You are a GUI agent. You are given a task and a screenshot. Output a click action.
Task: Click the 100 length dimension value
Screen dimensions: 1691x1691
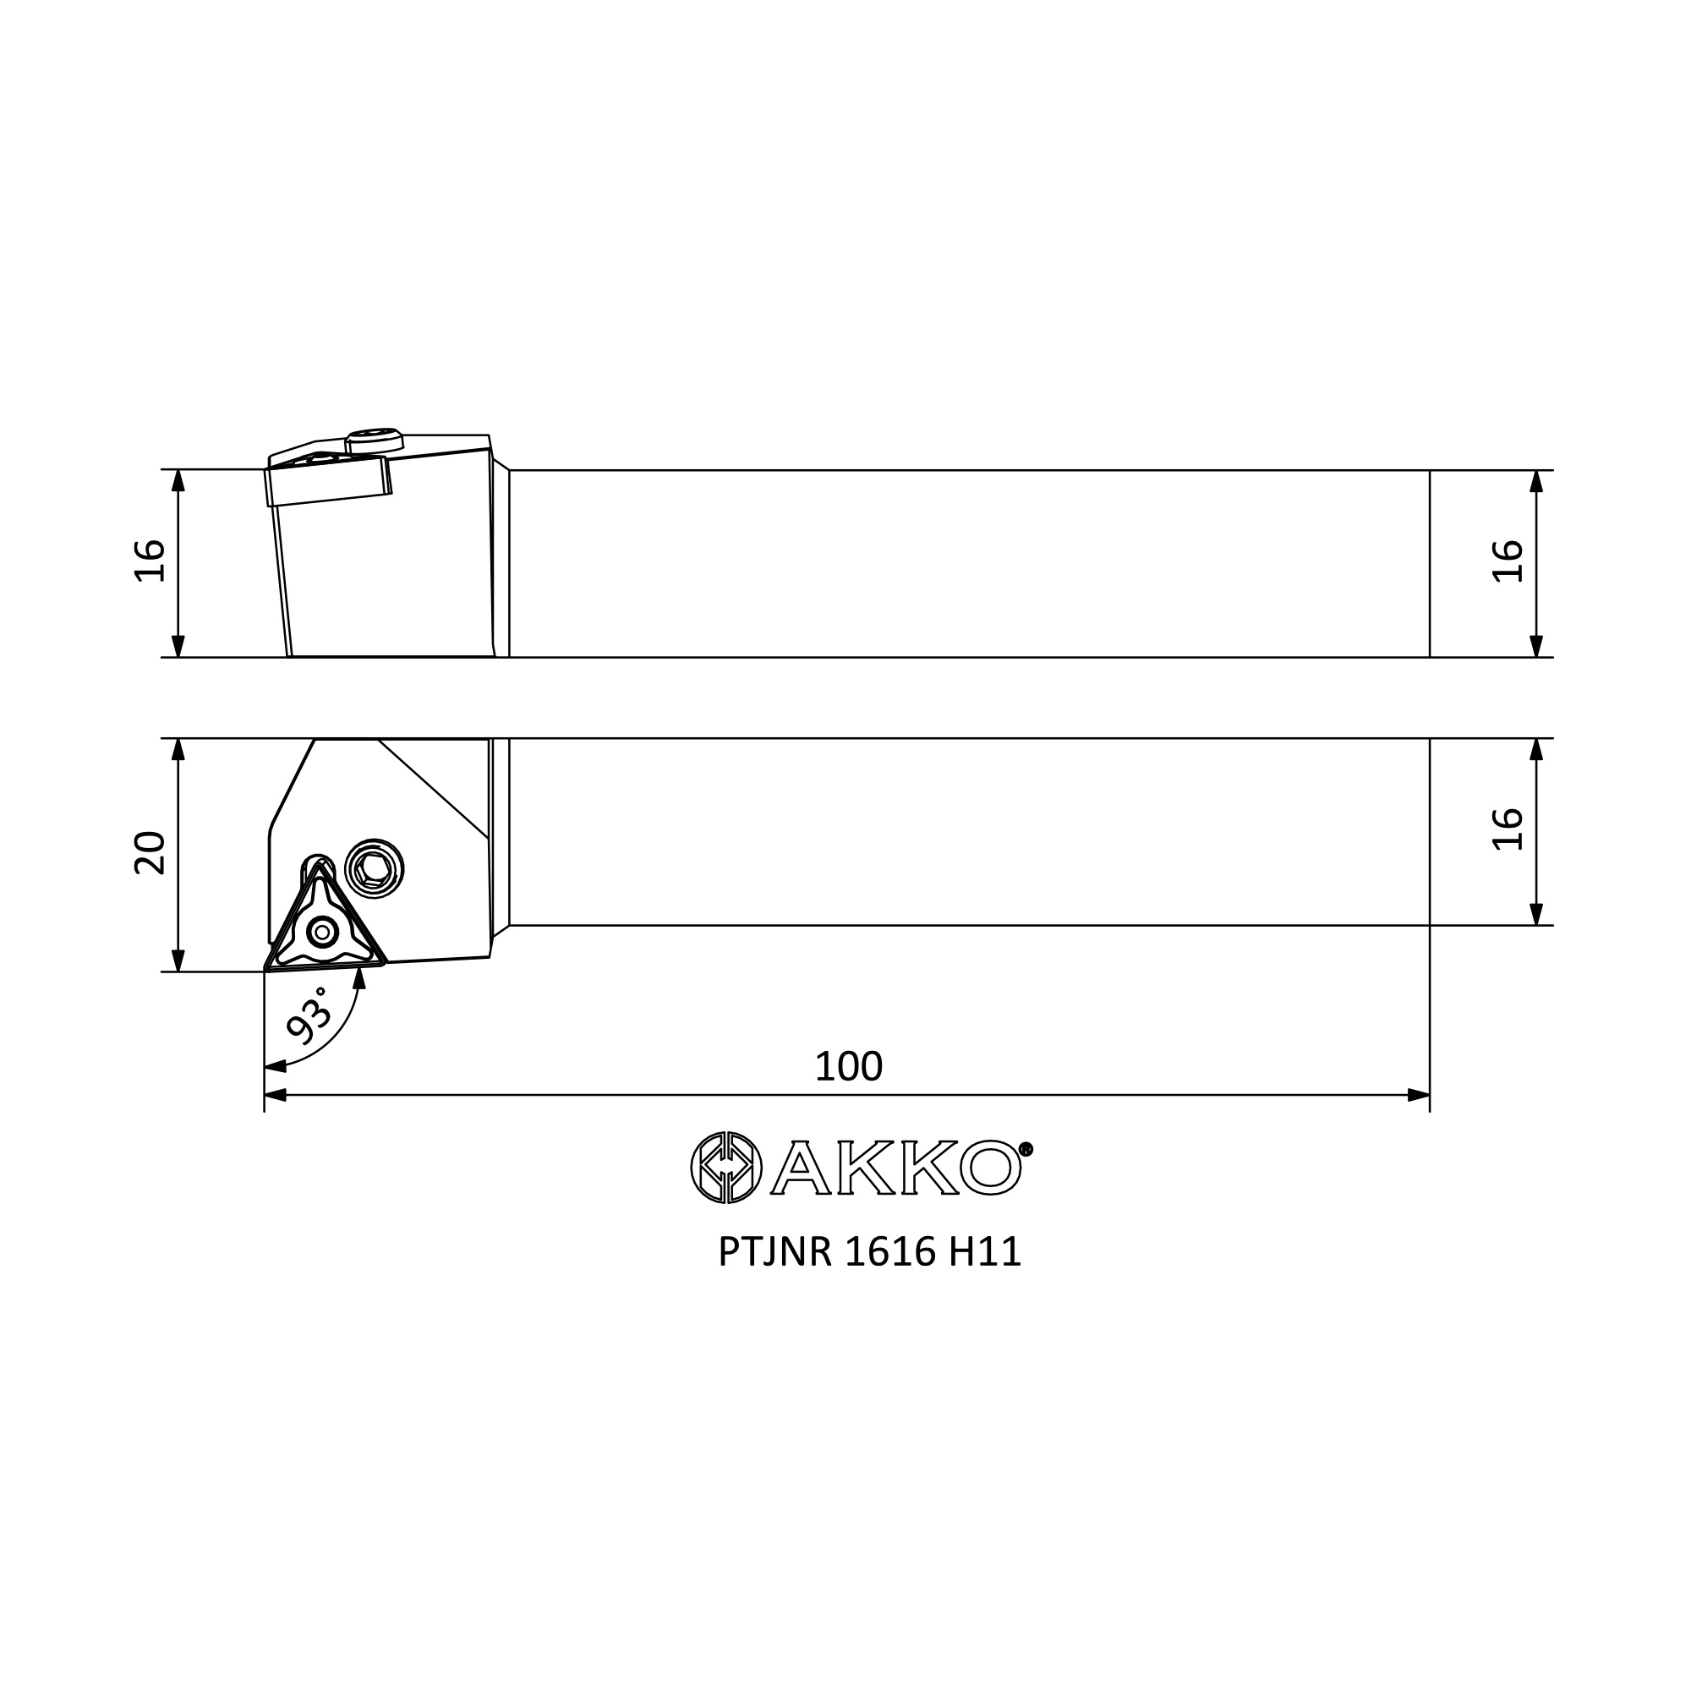[x=848, y=1066]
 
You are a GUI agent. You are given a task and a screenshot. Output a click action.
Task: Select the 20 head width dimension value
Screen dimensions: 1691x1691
[x=150, y=851]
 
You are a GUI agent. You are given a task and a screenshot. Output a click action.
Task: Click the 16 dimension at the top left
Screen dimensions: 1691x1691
[x=150, y=561]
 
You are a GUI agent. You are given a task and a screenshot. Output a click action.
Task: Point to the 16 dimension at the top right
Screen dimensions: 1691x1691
[x=1508, y=561]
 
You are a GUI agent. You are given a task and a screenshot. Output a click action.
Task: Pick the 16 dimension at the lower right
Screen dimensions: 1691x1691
[x=1508, y=829]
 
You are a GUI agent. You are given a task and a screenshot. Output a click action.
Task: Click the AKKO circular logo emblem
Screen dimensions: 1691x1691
[x=726, y=1168]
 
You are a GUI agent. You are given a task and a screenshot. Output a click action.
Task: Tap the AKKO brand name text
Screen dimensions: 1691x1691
[x=896, y=1168]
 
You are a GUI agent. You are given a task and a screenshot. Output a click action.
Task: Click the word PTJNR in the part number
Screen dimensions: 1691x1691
[x=774, y=1252]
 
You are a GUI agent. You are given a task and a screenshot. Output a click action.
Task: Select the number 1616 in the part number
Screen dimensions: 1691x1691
[x=890, y=1252]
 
